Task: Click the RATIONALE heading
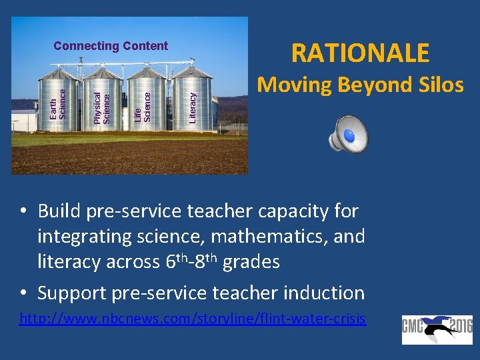360,52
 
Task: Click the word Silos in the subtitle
440,85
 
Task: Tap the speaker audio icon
348,133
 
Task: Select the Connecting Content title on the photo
111,46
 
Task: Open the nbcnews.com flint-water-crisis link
193,319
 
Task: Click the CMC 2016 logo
437,329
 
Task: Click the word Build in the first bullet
63,211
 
